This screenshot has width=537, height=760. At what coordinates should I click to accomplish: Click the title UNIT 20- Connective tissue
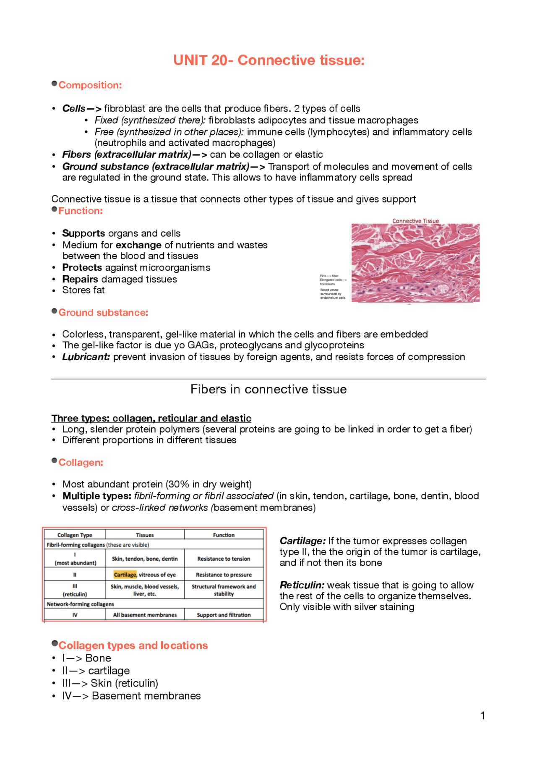click(268, 60)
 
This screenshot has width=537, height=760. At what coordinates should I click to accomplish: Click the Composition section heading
click(90, 85)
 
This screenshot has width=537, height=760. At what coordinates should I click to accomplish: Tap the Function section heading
click(80, 211)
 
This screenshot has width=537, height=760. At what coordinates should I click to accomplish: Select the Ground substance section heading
click(103, 313)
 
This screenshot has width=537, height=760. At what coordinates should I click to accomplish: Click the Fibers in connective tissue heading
click(268, 389)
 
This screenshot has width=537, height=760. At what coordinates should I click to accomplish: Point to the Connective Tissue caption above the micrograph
click(415, 221)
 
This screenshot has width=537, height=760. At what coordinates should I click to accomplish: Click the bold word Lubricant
click(86, 357)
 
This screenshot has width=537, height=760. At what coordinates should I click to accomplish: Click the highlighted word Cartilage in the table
click(125, 575)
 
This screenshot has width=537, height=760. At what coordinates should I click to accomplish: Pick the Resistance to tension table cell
click(224, 559)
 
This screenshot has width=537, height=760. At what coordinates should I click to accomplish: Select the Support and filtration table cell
click(224, 615)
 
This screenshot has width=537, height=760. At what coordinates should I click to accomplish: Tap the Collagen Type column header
click(75, 535)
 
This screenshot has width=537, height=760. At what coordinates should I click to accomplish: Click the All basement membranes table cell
click(145, 615)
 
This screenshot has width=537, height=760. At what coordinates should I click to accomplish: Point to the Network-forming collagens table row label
click(80, 604)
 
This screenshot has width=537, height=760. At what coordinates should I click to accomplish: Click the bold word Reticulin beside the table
click(302, 585)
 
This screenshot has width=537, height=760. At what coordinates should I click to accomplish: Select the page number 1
click(482, 716)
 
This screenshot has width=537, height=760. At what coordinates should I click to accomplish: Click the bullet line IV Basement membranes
click(131, 696)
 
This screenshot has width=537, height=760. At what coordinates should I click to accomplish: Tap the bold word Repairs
click(80, 279)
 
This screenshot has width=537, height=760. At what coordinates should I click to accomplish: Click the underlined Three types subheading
click(151, 418)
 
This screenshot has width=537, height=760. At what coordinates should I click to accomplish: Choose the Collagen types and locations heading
click(133, 645)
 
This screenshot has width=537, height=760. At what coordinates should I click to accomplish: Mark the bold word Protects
click(82, 268)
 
